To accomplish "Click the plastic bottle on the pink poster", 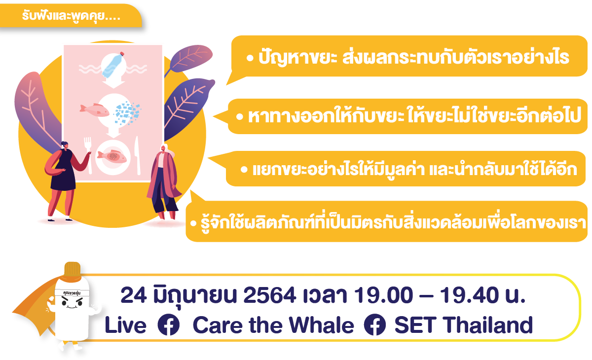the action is pos(113,65).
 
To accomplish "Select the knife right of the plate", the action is pos(138,155).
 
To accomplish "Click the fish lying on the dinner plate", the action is pos(112,157).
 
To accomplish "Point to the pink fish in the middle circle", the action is pos(94,110).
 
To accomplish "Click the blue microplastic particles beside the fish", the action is pos(127,113).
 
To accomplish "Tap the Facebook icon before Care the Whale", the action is pos(168,324).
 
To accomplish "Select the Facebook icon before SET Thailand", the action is pos(375,324).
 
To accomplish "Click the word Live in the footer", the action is pos(125,325).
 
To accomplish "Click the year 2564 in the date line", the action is pos(269,295).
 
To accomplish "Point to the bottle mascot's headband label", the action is pos(72,292).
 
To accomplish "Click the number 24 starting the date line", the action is pos(134,295).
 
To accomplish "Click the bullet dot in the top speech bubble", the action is pos(250,58).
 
